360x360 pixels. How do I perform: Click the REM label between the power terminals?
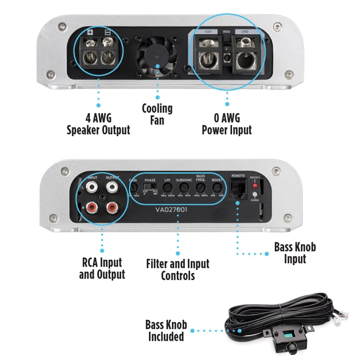coord(226,32)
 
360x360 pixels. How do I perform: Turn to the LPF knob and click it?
coord(167,188)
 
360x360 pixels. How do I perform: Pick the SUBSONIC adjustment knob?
coord(184,188)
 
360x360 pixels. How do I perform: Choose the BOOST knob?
coord(217,188)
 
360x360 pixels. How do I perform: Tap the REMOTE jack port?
coord(238,188)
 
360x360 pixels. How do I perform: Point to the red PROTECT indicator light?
coord(255,186)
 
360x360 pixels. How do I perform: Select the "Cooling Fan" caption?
coord(157,114)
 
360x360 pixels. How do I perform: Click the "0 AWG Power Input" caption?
coord(226,124)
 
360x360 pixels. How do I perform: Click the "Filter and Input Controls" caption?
coord(177,270)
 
